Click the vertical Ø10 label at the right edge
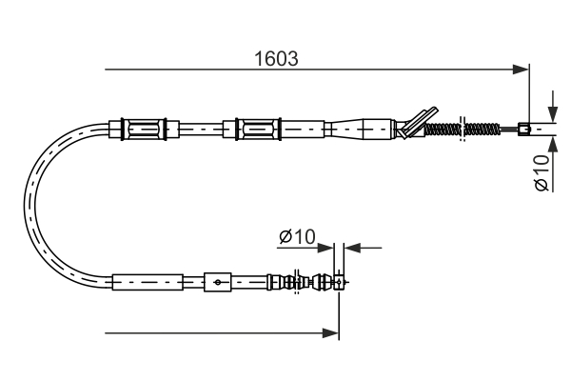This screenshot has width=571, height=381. (x=541, y=172)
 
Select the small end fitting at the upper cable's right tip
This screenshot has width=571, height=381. (x=523, y=128)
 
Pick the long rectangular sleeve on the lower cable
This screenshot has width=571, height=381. (x=147, y=282)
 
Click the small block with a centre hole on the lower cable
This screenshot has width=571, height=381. (x=218, y=282)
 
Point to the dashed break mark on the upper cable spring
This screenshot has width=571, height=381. (x=463, y=128)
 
